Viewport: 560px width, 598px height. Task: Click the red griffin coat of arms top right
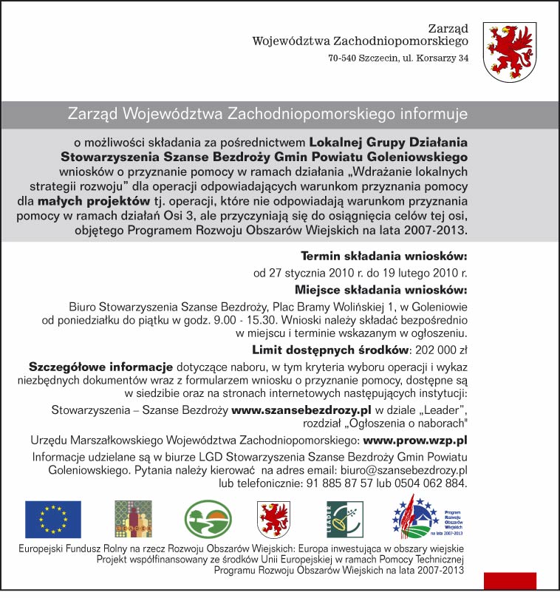pos(510,51)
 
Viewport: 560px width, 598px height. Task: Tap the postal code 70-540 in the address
pos(344,58)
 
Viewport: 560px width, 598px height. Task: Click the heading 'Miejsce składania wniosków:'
pos(381,289)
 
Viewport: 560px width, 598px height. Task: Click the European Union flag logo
pos(53,519)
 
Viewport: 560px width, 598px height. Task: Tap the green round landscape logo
pos(208,518)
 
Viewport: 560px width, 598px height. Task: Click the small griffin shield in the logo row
pos(272,519)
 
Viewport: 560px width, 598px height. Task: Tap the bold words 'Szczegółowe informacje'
pos(100,367)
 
